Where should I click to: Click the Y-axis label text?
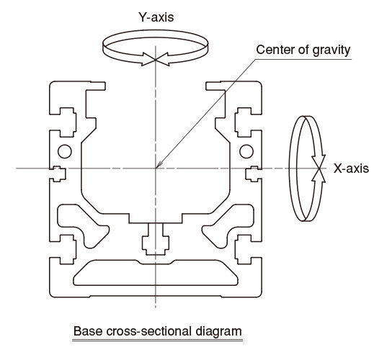click(156, 17)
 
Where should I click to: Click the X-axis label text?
click(351, 168)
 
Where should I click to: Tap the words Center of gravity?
click(303, 50)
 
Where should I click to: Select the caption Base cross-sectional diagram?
click(157, 331)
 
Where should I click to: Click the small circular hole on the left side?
click(65, 151)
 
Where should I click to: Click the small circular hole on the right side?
click(246, 151)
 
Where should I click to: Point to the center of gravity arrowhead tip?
click(156, 168)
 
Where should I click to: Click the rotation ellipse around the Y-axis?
click(155, 31)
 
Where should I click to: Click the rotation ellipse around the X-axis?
click(290, 168)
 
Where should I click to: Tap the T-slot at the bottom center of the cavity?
click(156, 239)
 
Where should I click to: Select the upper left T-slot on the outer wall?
click(66, 122)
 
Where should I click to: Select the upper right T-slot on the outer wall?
click(244, 122)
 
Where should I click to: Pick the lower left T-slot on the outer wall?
click(66, 250)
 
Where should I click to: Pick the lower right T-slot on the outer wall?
click(244, 250)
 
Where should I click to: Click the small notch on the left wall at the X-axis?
click(59, 174)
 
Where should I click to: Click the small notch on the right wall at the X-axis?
click(252, 174)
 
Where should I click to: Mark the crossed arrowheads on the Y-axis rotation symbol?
click(155, 60)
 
